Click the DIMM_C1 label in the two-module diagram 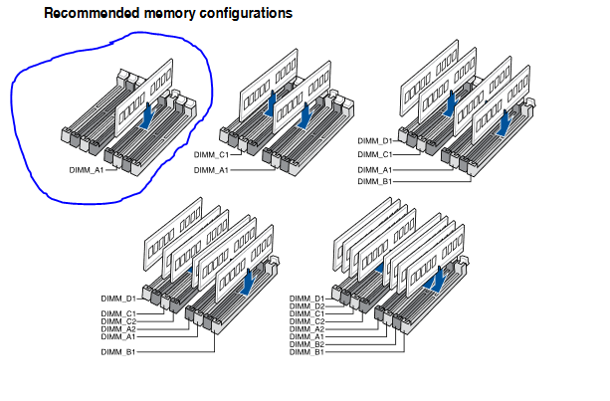pos(211,155)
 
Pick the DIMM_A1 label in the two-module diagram pos(211,170)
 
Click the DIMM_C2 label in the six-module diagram pos(118,321)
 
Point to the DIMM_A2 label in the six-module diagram pos(118,329)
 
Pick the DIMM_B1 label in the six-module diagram pos(118,351)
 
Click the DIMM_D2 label pos(306,306)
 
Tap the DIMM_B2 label pos(306,344)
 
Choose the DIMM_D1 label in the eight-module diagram pos(306,299)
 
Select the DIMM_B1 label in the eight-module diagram pos(306,352)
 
